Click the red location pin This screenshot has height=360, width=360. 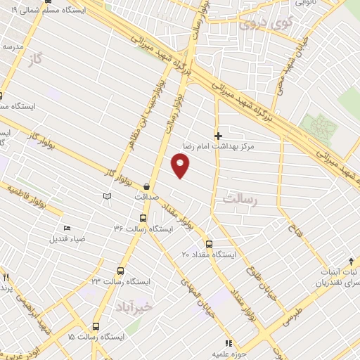coord(181,165)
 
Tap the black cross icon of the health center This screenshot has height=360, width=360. coord(218,135)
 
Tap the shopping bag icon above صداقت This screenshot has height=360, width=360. coord(146,186)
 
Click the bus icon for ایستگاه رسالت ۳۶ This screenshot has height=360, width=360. coord(143,218)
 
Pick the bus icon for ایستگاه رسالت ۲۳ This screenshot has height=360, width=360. coord(120,271)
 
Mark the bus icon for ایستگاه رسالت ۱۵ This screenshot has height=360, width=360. coord(96,327)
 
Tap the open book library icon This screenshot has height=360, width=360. coord(107,195)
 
